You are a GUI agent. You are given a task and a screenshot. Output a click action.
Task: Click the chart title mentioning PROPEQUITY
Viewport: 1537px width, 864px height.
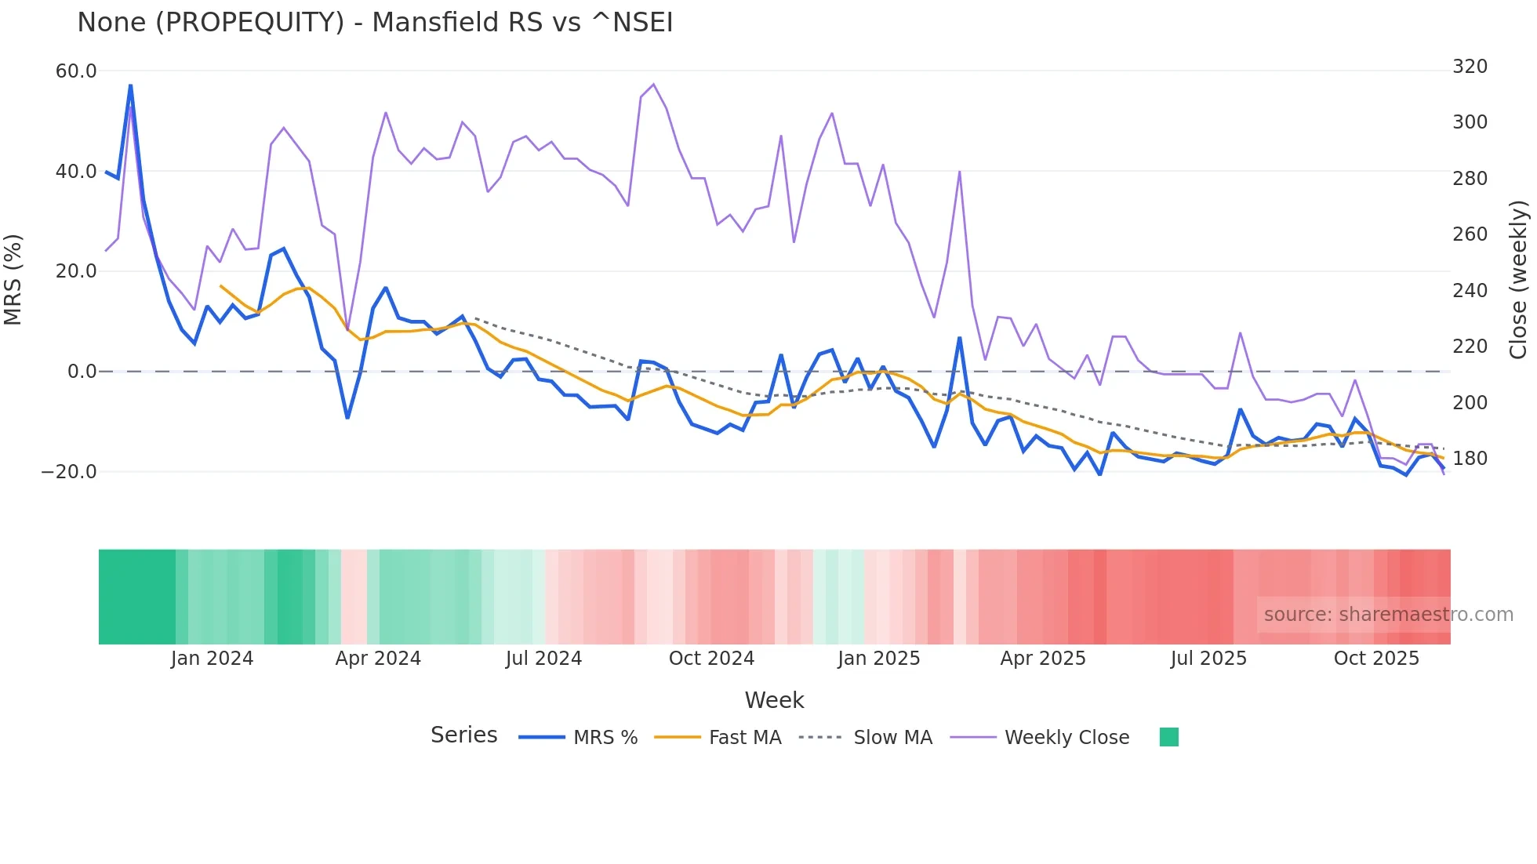click(375, 23)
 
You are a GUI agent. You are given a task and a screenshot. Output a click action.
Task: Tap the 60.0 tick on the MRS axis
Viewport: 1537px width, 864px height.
click(76, 71)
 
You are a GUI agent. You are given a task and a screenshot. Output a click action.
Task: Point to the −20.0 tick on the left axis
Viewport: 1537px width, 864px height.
click(69, 472)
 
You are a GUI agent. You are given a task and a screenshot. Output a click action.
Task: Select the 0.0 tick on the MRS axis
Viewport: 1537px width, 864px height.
click(82, 372)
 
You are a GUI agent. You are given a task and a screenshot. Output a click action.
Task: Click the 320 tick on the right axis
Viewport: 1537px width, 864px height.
click(1470, 67)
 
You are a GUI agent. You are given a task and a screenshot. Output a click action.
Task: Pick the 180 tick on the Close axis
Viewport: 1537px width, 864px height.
click(1470, 459)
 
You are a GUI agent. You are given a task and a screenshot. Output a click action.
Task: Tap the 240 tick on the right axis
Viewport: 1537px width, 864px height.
click(1470, 291)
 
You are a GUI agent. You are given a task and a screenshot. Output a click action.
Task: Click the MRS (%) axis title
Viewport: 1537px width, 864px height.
click(13, 279)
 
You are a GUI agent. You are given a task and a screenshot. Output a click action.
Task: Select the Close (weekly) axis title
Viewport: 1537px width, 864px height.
click(1518, 280)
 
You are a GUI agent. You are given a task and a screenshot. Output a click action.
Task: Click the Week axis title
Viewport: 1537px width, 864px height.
click(774, 700)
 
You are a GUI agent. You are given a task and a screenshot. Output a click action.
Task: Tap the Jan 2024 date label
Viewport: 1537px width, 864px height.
click(212, 659)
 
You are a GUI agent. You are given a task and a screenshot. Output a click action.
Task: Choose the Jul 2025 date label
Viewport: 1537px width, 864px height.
click(1208, 659)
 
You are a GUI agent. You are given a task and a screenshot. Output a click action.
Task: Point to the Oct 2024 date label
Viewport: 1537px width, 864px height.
click(711, 659)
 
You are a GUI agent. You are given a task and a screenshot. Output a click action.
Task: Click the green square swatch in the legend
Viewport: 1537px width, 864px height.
click(1168, 737)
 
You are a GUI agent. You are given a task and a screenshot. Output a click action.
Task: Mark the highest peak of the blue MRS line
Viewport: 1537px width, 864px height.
click(130, 85)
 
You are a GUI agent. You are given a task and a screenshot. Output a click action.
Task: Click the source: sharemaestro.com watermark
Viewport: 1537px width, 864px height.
click(1388, 615)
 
